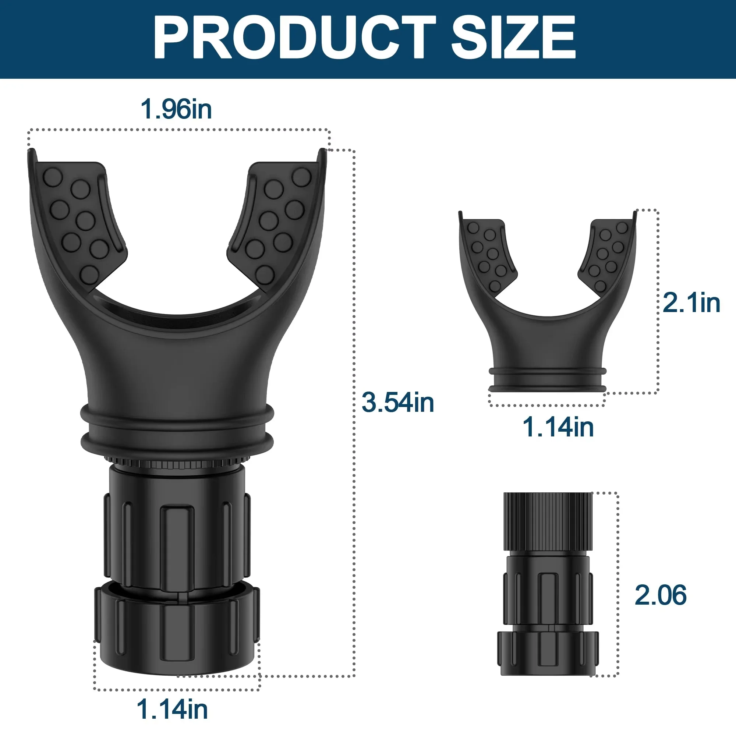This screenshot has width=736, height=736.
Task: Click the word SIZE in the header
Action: click(513, 37)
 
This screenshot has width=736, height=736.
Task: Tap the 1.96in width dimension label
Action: click(176, 109)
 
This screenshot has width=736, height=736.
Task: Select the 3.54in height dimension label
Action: click(398, 402)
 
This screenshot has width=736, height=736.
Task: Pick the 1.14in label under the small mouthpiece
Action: click(558, 427)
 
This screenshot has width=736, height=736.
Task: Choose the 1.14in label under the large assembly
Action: click(172, 709)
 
